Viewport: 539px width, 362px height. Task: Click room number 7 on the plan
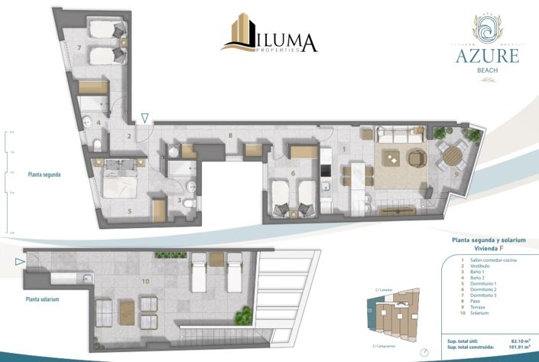coord(80,47)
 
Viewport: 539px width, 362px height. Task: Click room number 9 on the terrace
coord(456,174)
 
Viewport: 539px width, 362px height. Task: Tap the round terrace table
coord(452,157)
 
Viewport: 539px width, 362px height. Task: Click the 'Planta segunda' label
coord(43,174)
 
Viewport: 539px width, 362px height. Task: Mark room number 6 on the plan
coord(294,174)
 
